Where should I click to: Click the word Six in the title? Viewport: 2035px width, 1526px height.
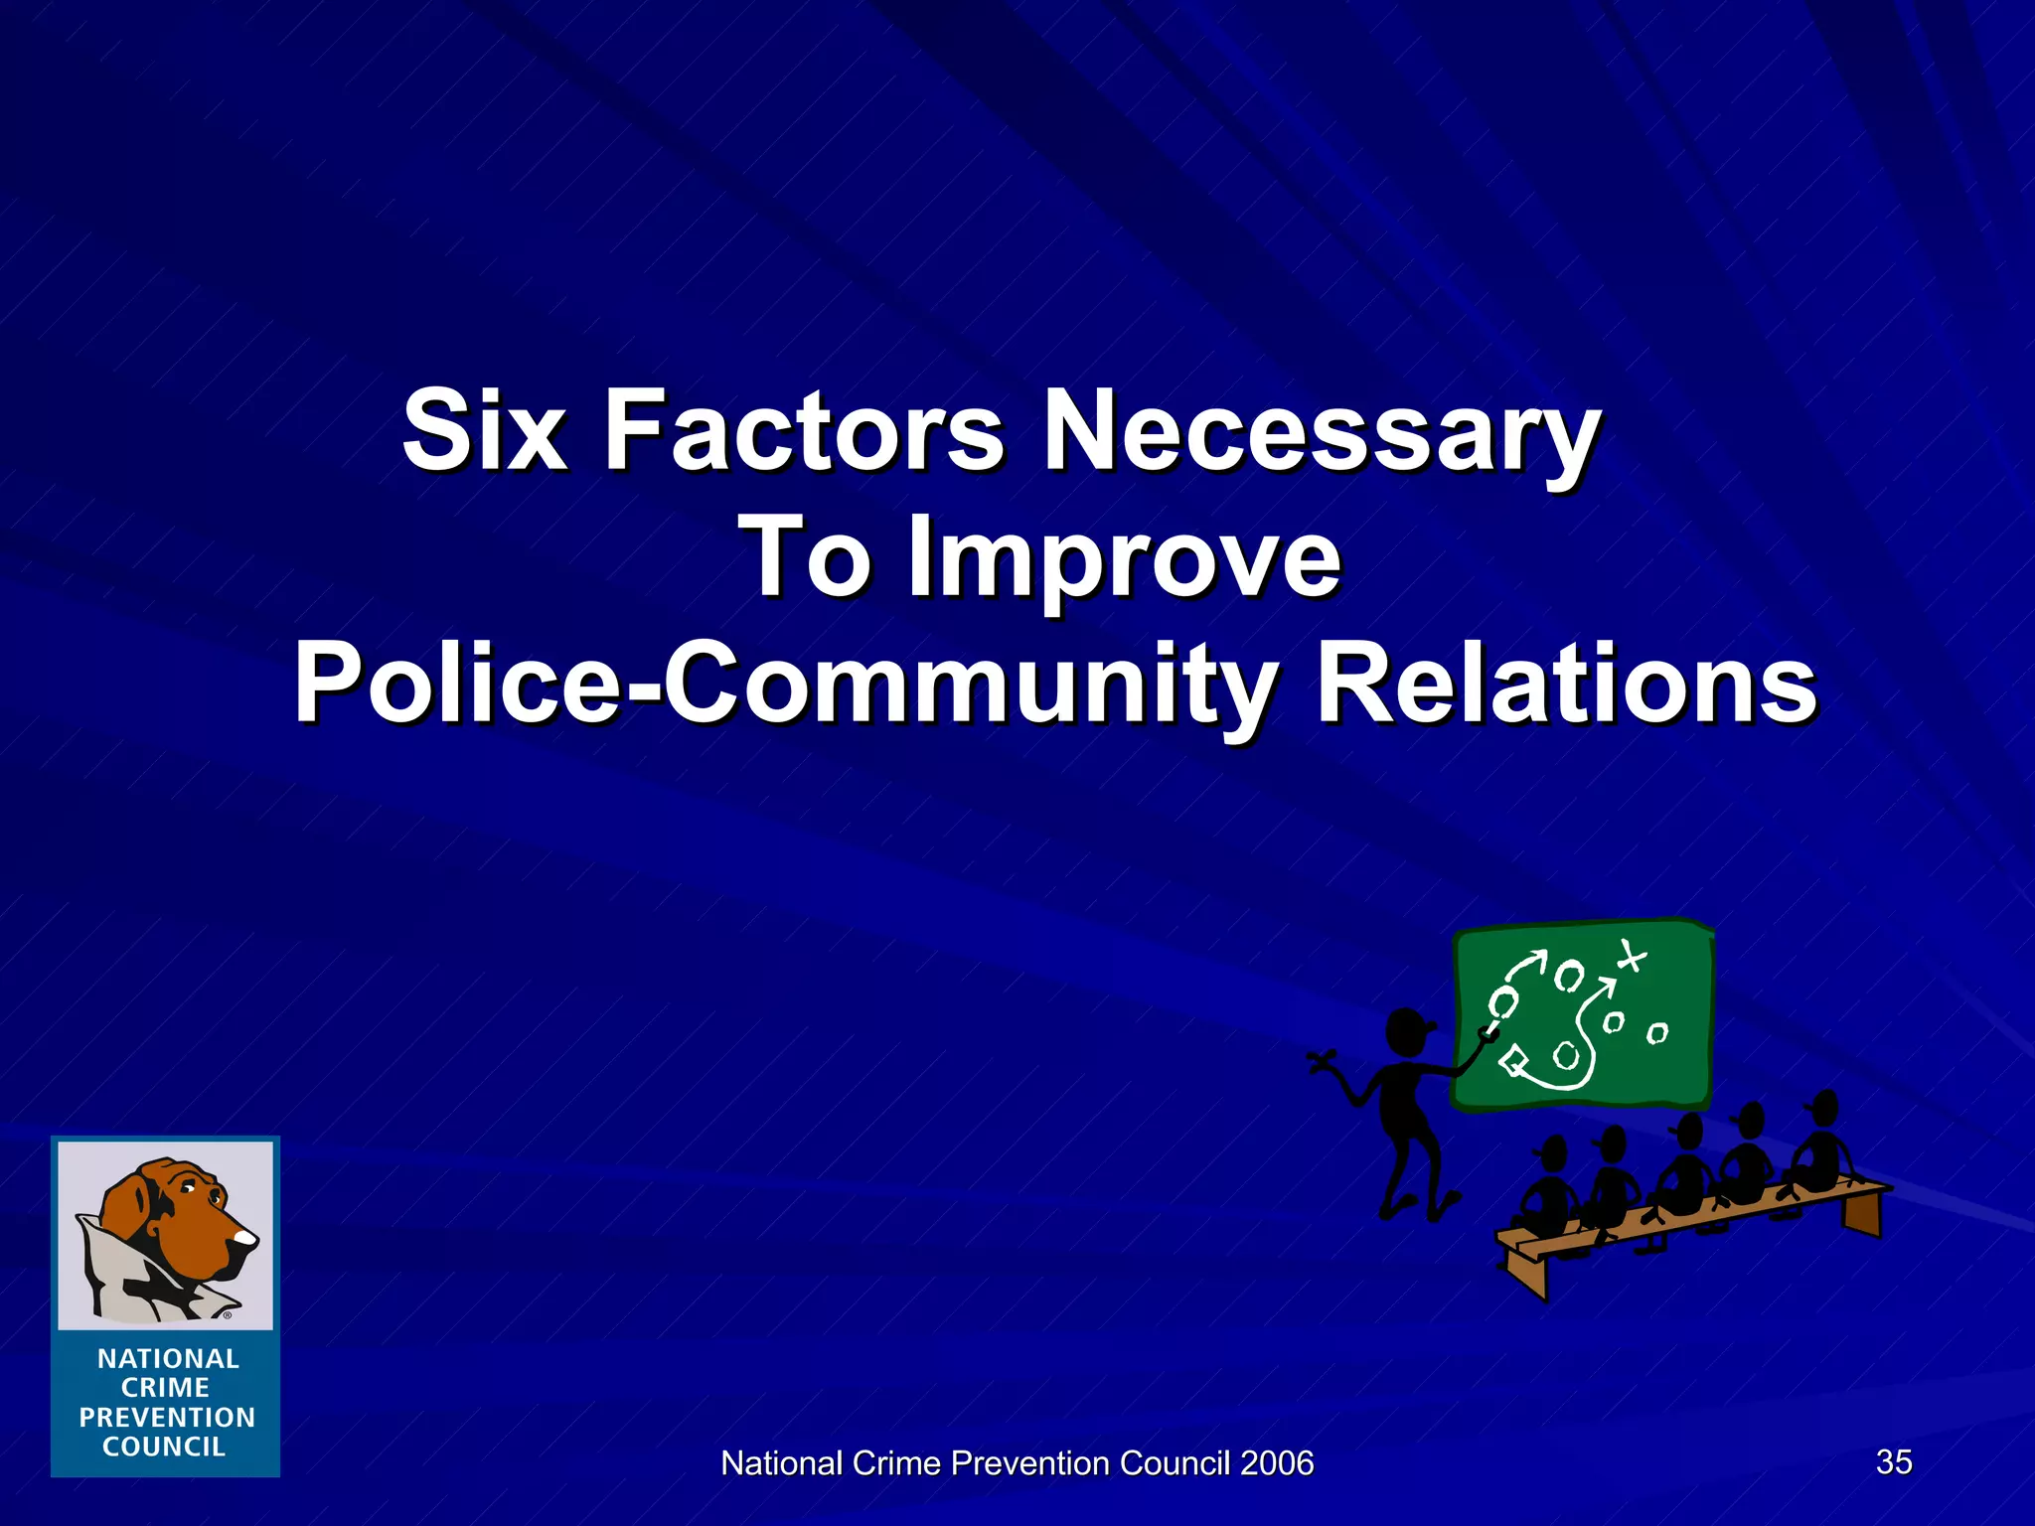click(484, 431)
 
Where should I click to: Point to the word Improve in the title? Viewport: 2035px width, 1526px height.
click(1124, 558)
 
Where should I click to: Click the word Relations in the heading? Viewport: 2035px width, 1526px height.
click(1566, 684)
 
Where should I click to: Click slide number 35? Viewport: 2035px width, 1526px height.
click(1894, 1461)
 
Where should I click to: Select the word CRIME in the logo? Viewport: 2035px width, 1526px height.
click(165, 1388)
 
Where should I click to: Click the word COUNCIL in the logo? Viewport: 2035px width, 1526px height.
click(165, 1447)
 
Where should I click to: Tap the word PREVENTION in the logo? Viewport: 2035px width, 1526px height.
click(167, 1418)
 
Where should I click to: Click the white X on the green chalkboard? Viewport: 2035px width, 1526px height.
click(1631, 957)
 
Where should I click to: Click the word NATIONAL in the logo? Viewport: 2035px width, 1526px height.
click(168, 1358)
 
